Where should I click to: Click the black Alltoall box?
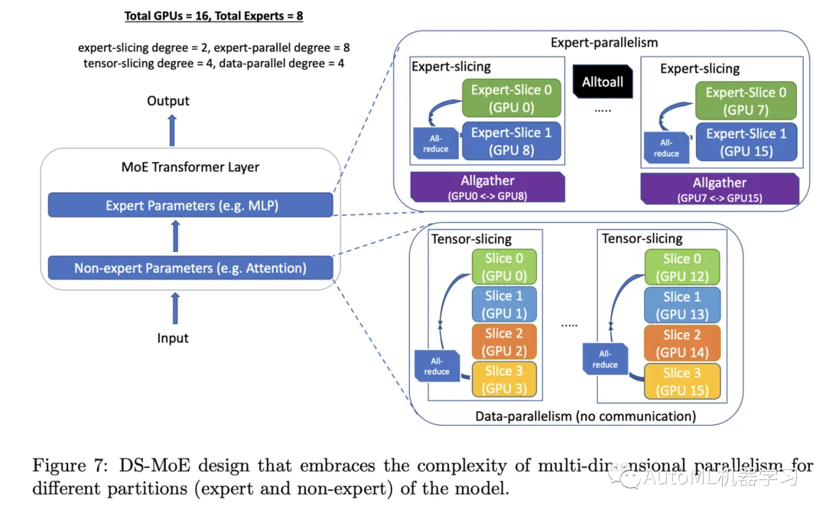[x=603, y=82]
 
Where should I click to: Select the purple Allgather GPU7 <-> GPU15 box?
[x=719, y=189]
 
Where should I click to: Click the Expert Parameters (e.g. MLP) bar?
[x=190, y=205]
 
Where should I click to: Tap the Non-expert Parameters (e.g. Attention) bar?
[x=190, y=268]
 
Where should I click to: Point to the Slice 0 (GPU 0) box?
[x=504, y=267]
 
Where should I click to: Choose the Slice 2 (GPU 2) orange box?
[x=504, y=342]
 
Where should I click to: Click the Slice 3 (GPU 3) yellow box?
[x=504, y=380]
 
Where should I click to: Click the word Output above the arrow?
[x=168, y=101]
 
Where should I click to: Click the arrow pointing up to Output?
[x=172, y=129]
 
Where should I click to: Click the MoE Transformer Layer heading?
[x=190, y=167]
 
